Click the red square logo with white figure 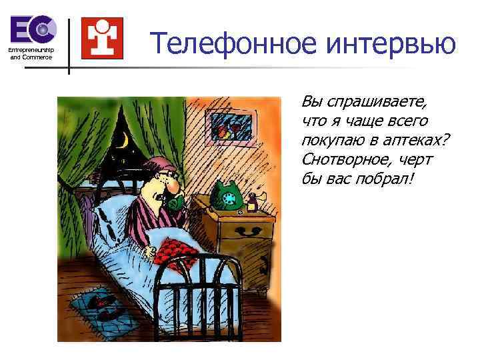pyautogui.click(x=102, y=37)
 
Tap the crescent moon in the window pyautogui.click(x=123, y=140)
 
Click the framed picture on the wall pyautogui.click(x=229, y=127)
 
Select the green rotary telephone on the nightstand pyautogui.click(x=227, y=196)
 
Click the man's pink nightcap pyautogui.click(x=160, y=163)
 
